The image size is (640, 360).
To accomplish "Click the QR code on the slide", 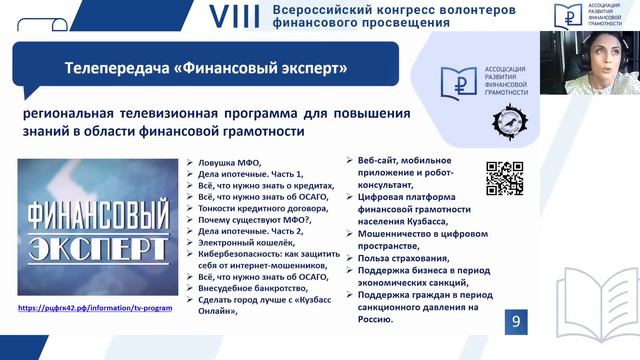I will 504,178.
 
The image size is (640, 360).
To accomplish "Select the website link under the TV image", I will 95,308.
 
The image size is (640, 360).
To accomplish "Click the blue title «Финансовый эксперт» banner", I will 205,69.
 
